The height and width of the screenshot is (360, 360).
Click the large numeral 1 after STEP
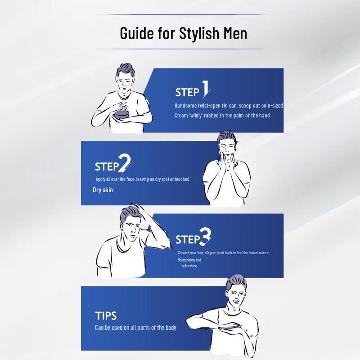pyautogui.click(x=206, y=89)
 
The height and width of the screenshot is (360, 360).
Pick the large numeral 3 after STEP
pyautogui.click(x=205, y=235)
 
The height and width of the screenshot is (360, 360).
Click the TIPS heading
pyautogui.click(x=106, y=315)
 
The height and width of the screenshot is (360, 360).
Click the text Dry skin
pyautogui.click(x=103, y=190)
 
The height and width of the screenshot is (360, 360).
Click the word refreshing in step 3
pyautogui.click(x=189, y=266)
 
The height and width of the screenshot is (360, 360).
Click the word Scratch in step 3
pyautogui.click(x=184, y=253)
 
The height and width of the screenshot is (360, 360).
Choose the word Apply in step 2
pyautogui.click(x=100, y=179)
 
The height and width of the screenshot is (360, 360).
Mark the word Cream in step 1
pyautogui.click(x=181, y=116)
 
